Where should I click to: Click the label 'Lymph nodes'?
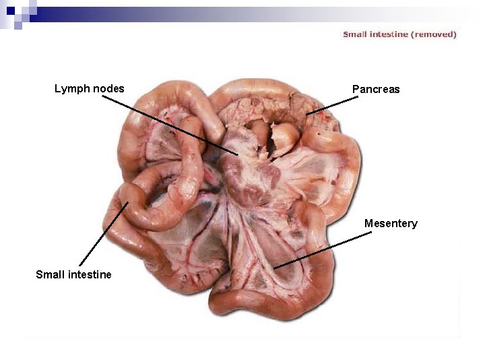tap(89, 88)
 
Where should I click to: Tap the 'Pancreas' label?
tap(375, 89)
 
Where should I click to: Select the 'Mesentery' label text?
tap(391, 223)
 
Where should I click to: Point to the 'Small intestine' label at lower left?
tap(73, 274)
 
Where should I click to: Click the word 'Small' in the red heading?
tap(355, 34)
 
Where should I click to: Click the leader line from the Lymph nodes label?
tap(168, 125)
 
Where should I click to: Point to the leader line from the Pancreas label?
tap(334, 104)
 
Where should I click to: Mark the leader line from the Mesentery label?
tap(323, 249)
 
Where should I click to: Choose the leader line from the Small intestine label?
tap(103, 233)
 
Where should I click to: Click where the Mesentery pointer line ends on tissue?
tap(274, 268)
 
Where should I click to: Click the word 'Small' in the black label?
tap(50, 274)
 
